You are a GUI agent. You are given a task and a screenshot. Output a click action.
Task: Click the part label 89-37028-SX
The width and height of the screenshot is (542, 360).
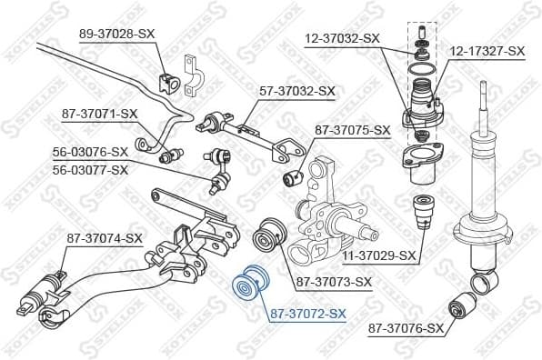(x=117, y=33)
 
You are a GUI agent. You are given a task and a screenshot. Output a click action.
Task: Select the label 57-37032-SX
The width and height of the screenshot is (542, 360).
(x=298, y=91)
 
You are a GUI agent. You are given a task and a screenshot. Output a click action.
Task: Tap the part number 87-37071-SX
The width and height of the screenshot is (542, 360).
(x=99, y=114)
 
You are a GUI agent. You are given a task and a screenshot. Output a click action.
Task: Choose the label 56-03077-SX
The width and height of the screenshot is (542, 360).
(x=90, y=169)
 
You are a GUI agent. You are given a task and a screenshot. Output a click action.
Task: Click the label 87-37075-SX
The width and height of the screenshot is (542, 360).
(x=352, y=130)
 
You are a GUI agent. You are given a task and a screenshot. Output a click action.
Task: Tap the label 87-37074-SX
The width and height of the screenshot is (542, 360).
(x=105, y=238)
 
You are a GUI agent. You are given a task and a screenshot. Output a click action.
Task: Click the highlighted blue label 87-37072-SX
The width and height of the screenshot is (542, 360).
(x=307, y=314)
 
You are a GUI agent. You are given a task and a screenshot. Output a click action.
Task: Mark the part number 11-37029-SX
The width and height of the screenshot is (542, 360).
(x=380, y=255)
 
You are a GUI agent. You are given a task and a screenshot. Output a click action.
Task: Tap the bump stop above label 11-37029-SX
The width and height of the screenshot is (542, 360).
(x=421, y=214)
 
